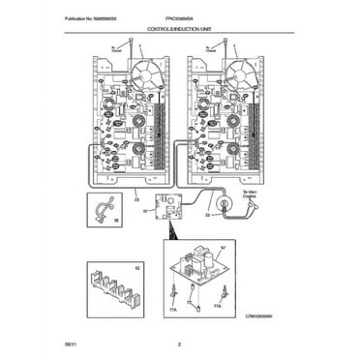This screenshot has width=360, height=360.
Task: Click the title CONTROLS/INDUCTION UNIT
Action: click(x=181, y=32)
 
